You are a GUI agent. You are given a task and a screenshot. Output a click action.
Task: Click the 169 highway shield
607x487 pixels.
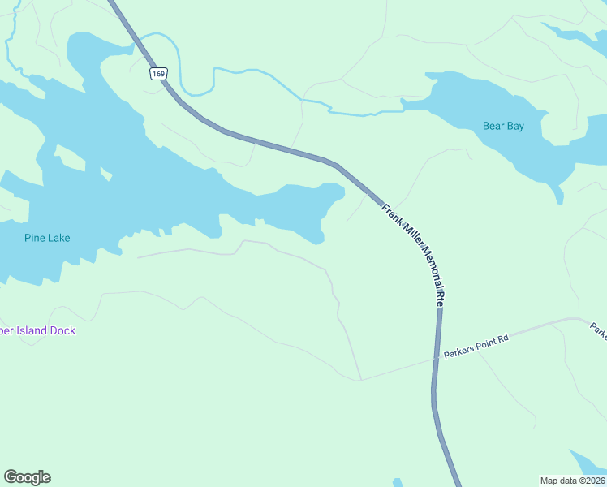tap(158, 74)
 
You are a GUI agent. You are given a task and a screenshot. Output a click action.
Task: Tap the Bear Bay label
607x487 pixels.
tap(503, 126)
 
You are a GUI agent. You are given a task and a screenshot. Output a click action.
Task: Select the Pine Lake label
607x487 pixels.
tap(47, 238)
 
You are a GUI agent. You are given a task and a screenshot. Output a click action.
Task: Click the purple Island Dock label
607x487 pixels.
tap(37, 330)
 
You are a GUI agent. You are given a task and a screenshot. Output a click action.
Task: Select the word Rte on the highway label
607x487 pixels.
tap(441, 298)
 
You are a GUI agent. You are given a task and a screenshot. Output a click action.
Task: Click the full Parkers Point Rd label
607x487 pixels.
tap(475, 343)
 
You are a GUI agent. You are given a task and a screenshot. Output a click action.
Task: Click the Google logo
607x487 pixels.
tap(27, 477)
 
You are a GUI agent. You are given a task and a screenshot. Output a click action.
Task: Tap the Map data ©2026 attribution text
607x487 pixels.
tap(572, 480)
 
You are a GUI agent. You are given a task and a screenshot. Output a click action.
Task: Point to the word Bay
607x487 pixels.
tap(514, 126)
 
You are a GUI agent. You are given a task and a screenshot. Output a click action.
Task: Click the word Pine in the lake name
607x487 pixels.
tap(35, 238)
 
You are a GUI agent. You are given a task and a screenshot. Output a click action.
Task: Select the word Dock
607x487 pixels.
tap(62, 330)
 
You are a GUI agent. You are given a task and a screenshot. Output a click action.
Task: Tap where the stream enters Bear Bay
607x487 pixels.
tap(403, 106)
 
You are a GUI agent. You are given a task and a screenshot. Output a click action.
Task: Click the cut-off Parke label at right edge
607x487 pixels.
tap(598, 330)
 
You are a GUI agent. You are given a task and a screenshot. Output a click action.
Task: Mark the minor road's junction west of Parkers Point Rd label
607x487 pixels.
tap(361, 380)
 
